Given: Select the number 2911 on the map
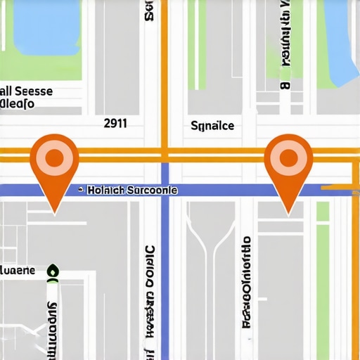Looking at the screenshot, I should (x=115, y=123).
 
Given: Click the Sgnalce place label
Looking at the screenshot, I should (x=212, y=126).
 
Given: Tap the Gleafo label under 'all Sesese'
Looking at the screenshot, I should (x=17, y=105).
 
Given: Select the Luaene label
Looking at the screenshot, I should (x=17, y=270).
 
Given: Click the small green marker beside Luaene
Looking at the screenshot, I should (x=51, y=271).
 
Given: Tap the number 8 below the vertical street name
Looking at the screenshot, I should (x=285, y=86).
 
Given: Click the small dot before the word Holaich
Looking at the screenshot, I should (x=82, y=191).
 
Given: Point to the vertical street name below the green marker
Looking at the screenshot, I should (x=51, y=323).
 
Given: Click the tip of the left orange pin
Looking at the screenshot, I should (x=53, y=211).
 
